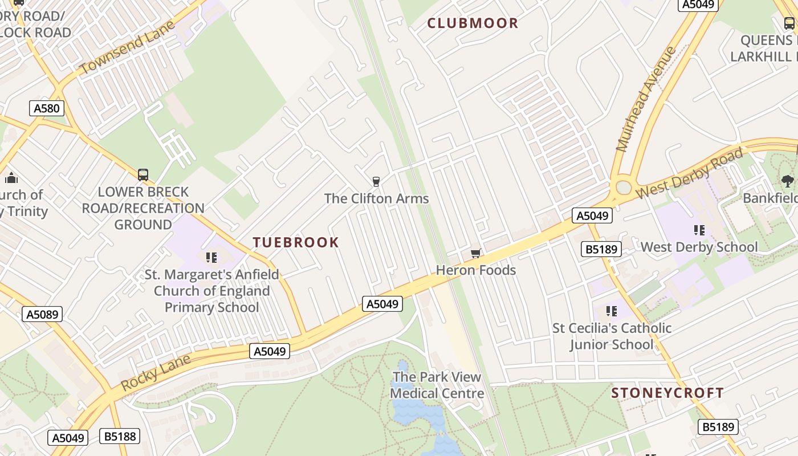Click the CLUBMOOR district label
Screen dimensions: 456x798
tap(473, 23)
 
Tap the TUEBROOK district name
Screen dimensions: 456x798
tap(296, 242)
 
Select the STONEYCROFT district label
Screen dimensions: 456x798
tap(667, 393)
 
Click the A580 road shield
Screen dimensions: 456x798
tap(46, 108)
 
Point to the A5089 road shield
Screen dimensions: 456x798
tap(42, 314)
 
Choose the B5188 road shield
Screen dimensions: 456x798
tap(119, 437)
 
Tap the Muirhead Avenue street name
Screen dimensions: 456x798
tap(646, 99)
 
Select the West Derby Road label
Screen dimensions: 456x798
tap(689, 173)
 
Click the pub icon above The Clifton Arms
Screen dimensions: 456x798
tap(376, 182)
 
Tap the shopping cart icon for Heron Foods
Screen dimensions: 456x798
tap(475, 253)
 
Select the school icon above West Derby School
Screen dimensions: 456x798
tap(699, 230)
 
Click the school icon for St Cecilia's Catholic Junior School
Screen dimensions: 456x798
tap(612, 311)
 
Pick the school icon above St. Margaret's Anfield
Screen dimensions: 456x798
tap(211, 258)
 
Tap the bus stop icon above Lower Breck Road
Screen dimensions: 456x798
tap(143, 175)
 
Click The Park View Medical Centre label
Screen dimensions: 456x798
tap(437, 385)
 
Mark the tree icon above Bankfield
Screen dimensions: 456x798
tap(787, 181)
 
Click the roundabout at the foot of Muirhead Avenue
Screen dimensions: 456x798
tap(623, 187)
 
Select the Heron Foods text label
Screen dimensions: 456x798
tap(475, 270)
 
